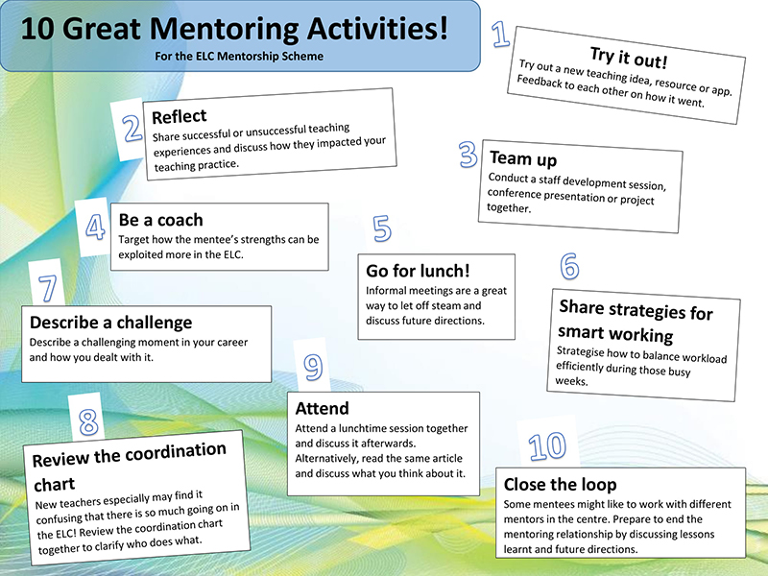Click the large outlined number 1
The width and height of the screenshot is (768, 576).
(x=500, y=35)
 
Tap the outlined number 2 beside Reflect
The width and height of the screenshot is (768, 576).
(x=132, y=129)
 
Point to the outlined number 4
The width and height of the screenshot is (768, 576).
(x=96, y=228)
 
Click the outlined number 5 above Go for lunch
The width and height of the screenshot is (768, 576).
(x=382, y=228)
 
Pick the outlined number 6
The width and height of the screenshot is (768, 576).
(x=569, y=265)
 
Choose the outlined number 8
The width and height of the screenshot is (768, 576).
(x=88, y=420)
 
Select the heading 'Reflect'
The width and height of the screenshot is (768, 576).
(x=179, y=116)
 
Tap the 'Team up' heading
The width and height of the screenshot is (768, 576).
(x=523, y=159)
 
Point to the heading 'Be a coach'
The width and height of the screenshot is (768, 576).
(x=160, y=220)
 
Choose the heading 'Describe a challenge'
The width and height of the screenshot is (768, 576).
(x=110, y=323)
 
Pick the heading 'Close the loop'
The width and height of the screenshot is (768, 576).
(x=560, y=484)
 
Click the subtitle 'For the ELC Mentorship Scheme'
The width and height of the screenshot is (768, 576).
(x=239, y=56)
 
